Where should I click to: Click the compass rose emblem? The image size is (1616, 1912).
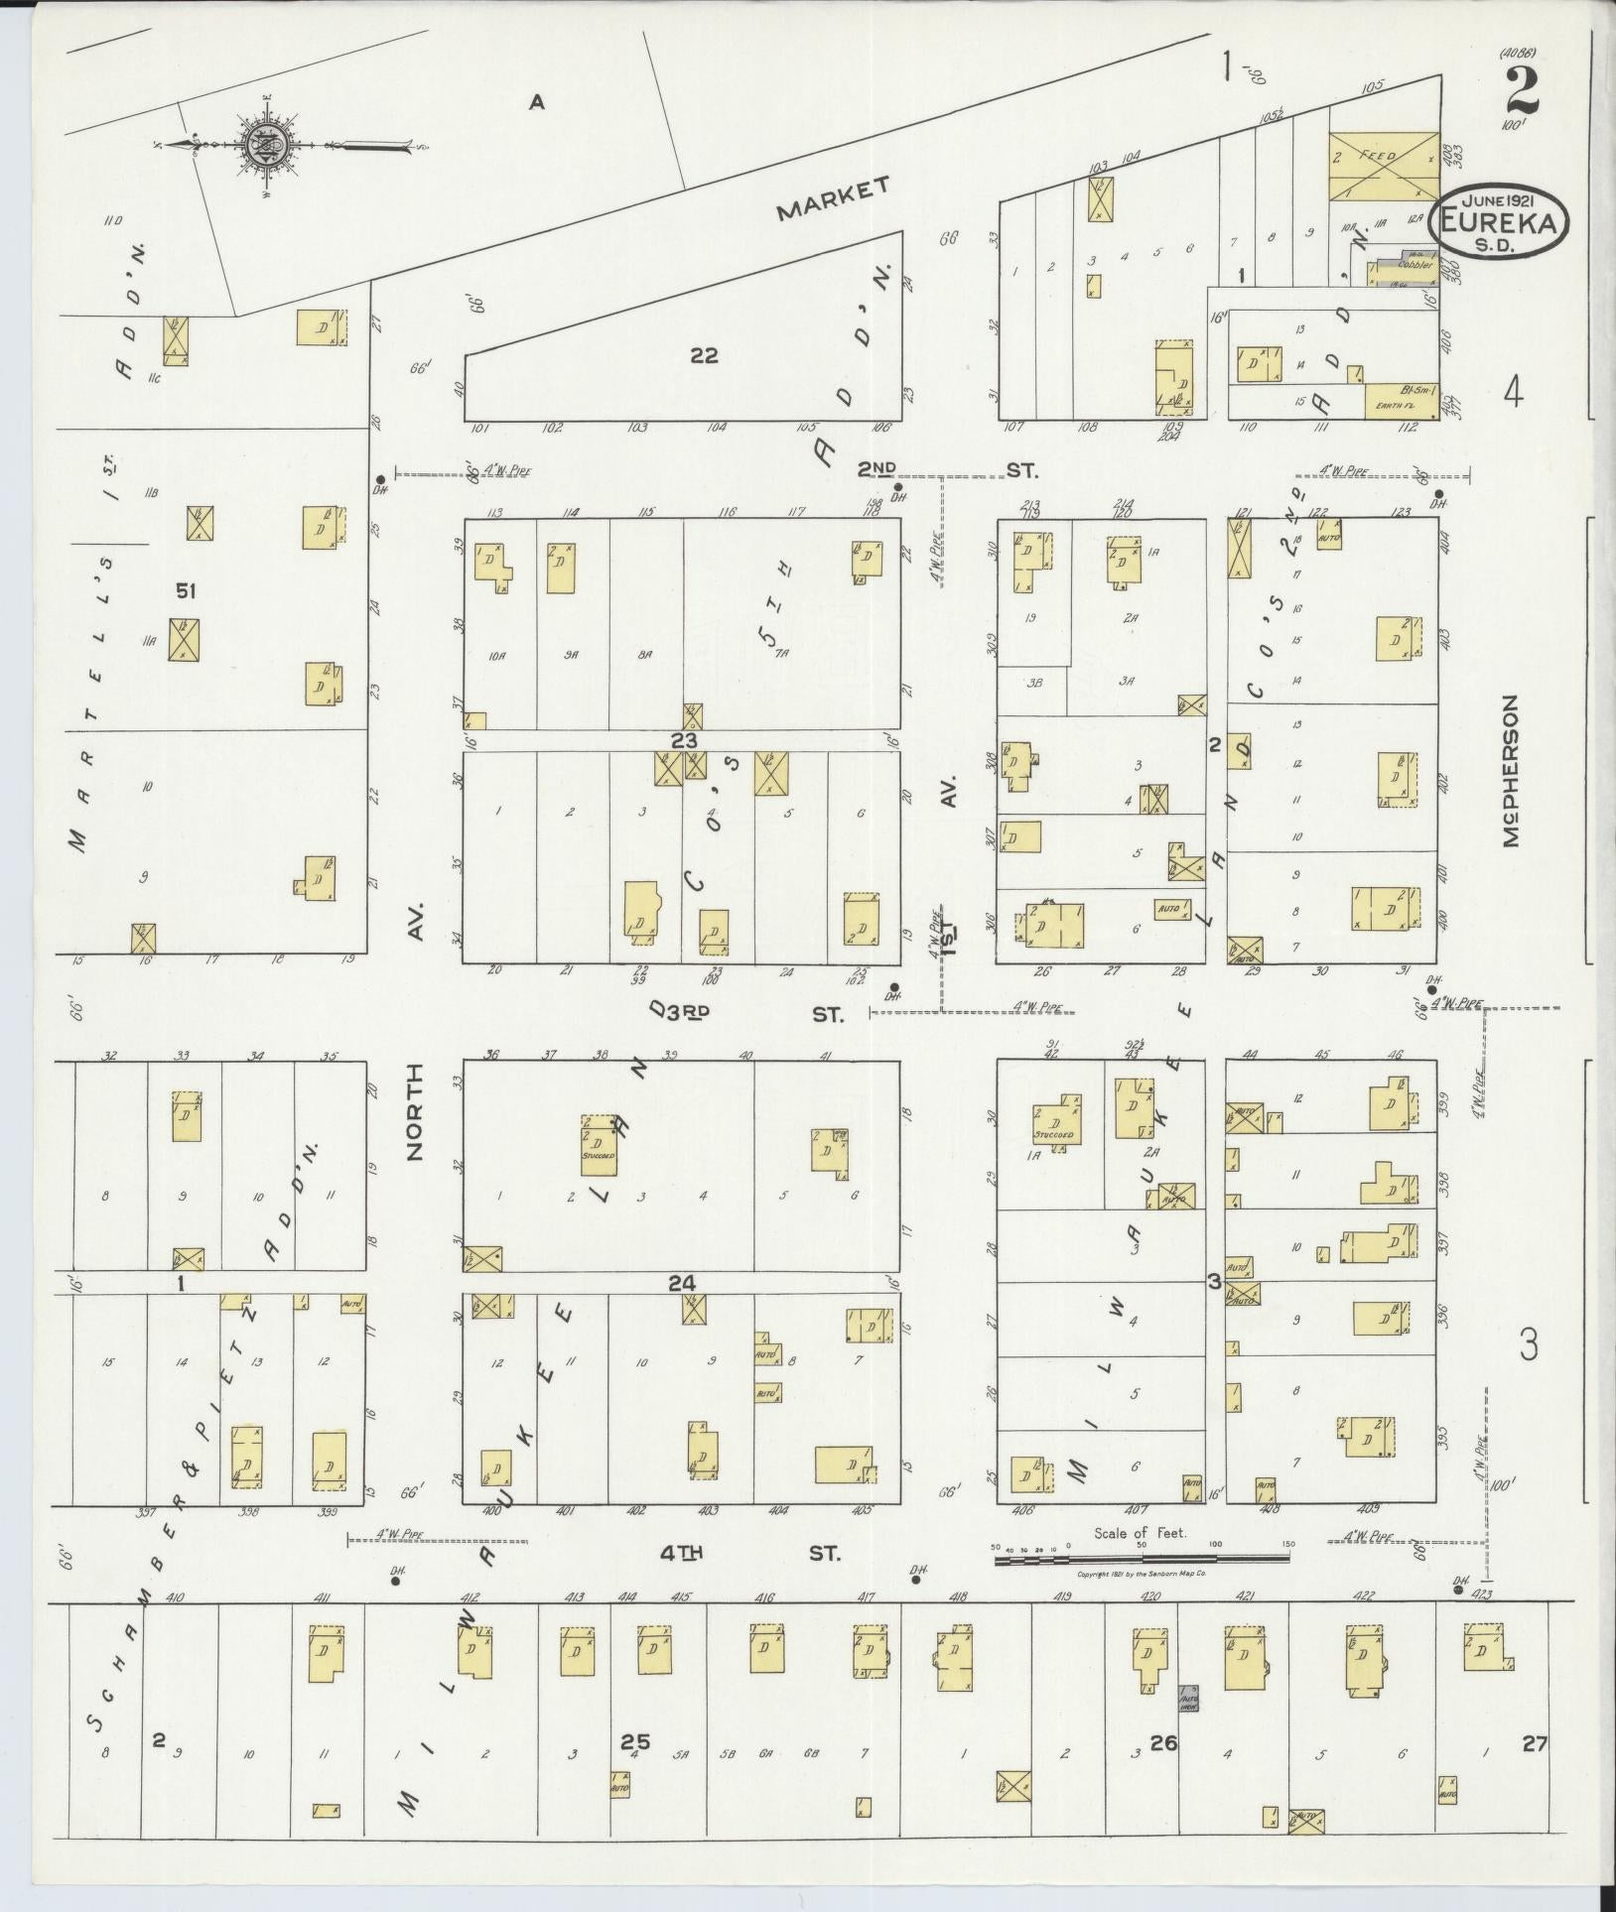click(267, 145)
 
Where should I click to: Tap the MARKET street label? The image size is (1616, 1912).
click(832, 198)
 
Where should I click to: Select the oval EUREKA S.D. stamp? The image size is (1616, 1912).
click(1498, 222)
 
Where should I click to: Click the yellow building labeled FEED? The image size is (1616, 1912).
click(1383, 165)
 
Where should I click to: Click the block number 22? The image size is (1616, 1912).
click(704, 355)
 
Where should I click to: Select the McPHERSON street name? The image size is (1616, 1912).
click(1510, 770)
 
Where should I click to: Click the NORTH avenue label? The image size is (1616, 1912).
click(414, 1111)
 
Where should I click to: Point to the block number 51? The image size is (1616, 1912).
click(186, 591)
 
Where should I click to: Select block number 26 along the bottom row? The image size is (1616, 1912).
click(1162, 1740)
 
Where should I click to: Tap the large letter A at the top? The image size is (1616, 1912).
click(537, 101)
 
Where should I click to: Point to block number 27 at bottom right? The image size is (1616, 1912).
click(1534, 1741)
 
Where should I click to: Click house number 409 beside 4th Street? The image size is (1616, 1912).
click(1368, 1538)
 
